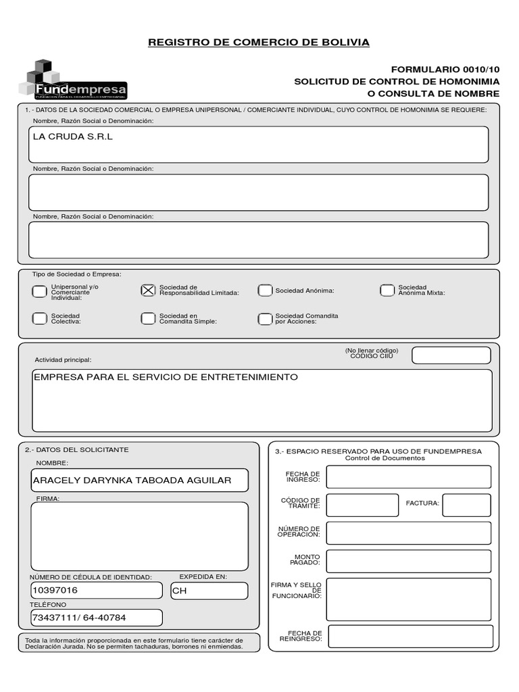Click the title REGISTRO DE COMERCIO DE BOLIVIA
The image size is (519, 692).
click(x=259, y=43)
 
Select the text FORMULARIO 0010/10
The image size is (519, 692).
click(x=445, y=70)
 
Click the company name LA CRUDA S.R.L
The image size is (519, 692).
click(x=73, y=137)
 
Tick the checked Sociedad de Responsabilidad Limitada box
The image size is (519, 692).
click(x=148, y=290)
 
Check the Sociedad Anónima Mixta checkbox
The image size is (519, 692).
click(x=387, y=291)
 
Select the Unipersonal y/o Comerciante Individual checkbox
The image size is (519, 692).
click(x=39, y=292)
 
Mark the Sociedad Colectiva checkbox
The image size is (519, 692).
click(x=39, y=318)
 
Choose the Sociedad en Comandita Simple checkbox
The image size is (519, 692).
click(x=148, y=318)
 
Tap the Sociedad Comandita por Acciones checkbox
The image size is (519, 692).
click(x=264, y=318)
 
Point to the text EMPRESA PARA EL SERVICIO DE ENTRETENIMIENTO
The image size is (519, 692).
click(x=166, y=377)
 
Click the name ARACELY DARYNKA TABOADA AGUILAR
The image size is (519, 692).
click(x=132, y=480)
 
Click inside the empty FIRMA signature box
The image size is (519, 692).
click(x=139, y=536)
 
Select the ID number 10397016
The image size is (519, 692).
click(x=55, y=591)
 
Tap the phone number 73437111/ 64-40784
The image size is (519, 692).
click(x=79, y=618)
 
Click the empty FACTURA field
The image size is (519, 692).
click(x=466, y=505)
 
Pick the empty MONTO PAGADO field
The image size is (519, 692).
click(x=408, y=561)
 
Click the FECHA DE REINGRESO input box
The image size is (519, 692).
click(x=410, y=636)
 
